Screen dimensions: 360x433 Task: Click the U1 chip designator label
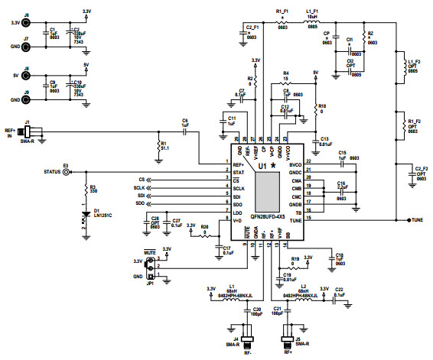(x=262, y=165)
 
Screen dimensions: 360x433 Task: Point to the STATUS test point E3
(x=67, y=172)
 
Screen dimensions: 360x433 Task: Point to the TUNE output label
(x=416, y=220)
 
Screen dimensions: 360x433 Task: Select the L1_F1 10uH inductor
(x=312, y=22)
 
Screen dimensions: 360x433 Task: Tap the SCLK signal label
(x=138, y=187)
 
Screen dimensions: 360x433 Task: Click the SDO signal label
(x=140, y=203)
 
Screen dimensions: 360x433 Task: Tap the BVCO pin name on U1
(x=294, y=163)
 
